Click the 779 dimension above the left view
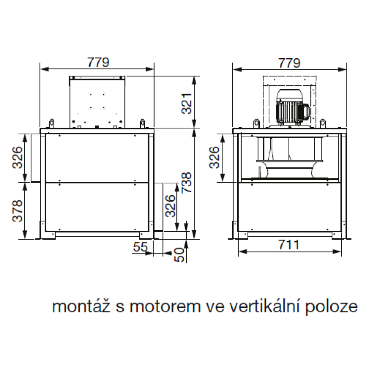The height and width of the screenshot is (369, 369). tap(99, 63)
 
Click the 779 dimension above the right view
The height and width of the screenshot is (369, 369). tap(289, 63)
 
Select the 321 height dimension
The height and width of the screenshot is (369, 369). tap(187, 104)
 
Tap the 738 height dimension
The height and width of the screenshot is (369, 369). tap(187, 183)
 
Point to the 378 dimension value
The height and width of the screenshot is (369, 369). tap(18, 211)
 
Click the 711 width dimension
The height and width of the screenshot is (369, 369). tap(289, 245)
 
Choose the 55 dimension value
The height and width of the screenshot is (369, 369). tap(141, 246)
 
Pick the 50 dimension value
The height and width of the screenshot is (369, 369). tap(179, 255)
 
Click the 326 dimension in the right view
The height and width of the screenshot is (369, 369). tap(214, 157)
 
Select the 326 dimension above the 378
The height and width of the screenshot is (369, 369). tap(18, 157)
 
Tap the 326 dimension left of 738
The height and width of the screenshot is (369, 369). tap(170, 206)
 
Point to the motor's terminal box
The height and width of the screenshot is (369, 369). tap(306, 111)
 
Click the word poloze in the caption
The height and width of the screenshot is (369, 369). tap(331, 307)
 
